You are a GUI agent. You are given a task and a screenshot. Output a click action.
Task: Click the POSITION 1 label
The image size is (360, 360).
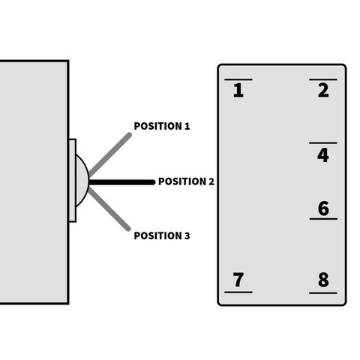(162, 126)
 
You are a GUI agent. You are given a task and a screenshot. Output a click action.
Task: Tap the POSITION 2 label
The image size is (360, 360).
(186, 181)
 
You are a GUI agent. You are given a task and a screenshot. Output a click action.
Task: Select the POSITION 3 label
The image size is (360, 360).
(162, 235)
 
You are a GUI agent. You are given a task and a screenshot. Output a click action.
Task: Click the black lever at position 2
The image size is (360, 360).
(122, 182)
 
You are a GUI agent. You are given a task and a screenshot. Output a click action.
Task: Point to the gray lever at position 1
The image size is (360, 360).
(110, 154)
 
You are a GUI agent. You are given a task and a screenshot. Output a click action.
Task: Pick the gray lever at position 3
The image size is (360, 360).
(109, 209)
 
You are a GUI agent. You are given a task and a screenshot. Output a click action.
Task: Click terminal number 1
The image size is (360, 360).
(238, 90)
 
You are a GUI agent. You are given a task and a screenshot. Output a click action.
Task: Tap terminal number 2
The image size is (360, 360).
(323, 90)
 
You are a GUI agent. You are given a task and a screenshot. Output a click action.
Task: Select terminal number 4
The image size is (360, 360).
(323, 155)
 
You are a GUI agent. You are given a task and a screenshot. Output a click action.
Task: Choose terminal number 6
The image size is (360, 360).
(323, 208)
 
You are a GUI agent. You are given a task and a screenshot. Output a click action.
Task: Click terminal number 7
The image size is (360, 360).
(238, 280)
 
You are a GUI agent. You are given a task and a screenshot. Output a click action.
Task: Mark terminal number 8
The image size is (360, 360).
(323, 280)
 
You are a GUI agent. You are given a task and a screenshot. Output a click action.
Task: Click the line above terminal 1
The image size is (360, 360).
(238, 79)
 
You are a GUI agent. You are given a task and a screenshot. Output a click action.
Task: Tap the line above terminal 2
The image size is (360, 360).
(323, 79)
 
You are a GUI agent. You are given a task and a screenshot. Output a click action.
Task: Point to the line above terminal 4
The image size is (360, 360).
(323, 143)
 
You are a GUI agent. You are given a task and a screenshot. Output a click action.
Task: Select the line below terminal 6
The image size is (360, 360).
(323, 219)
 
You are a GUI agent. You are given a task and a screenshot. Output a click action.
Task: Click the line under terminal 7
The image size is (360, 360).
(238, 292)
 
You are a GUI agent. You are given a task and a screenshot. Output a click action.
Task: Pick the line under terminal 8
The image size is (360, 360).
(323, 292)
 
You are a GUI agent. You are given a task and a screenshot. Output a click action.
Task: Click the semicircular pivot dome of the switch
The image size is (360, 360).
(82, 181)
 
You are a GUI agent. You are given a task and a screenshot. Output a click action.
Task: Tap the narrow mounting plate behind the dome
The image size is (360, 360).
(72, 180)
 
